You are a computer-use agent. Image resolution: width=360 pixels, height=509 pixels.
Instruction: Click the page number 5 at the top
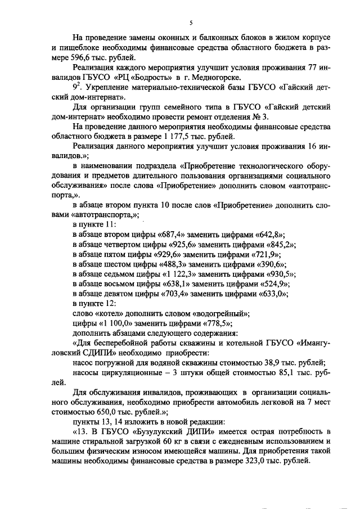(x=191, y=23)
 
